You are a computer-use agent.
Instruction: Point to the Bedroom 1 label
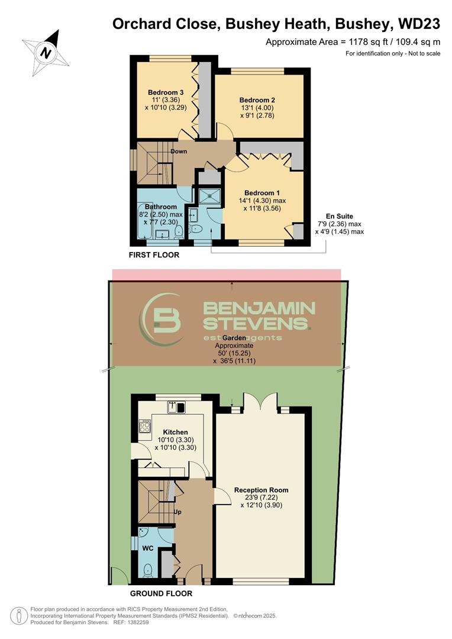(262, 193)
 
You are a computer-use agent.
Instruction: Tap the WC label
(147, 548)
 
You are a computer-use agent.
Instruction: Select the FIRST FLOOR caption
(154, 255)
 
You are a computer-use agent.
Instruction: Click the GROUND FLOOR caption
(161, 593)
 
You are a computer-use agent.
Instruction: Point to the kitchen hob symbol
(144, 426)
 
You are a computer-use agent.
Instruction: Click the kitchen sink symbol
(177, 406)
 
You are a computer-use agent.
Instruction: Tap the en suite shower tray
(209, 196)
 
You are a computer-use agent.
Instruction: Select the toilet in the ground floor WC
(148, 570)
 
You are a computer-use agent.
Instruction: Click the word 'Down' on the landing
(179, 151)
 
